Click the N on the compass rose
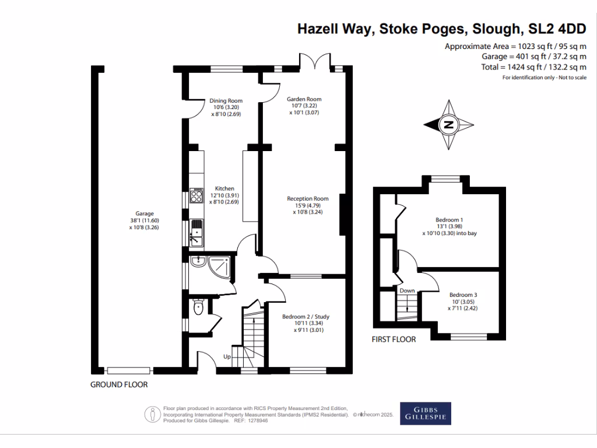pyautogui.click(x=449, y=125)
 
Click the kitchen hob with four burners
pyautogui.click(x=196, y=196)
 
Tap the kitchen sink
pyautogui.click(x=196, y=233)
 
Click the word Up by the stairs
pyautogui.click(x=227, y=356)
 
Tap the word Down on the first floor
pyautogui.click(x=407, y=290)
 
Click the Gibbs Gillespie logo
pyautogui.click(x=425, y=414)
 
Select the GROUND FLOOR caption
pyautogui.click(x=119, y=385)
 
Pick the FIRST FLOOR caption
pyautogui.click(x=394, y=339)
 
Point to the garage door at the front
pyautogui.click(x=129, y=370)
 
